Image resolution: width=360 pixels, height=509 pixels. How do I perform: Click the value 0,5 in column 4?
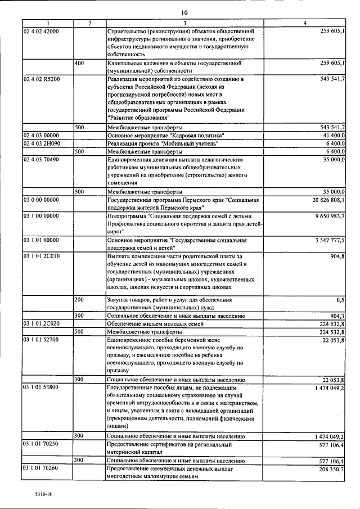pyautogui.click(x=340, y=300)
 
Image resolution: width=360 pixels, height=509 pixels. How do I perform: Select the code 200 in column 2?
pyautogui.click(x=79, y=300)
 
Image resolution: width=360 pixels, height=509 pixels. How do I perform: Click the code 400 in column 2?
pyautogui.click(x=79, y=64)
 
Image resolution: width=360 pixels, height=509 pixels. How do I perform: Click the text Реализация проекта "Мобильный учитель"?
pyautogui.click(x=158, y=144)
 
